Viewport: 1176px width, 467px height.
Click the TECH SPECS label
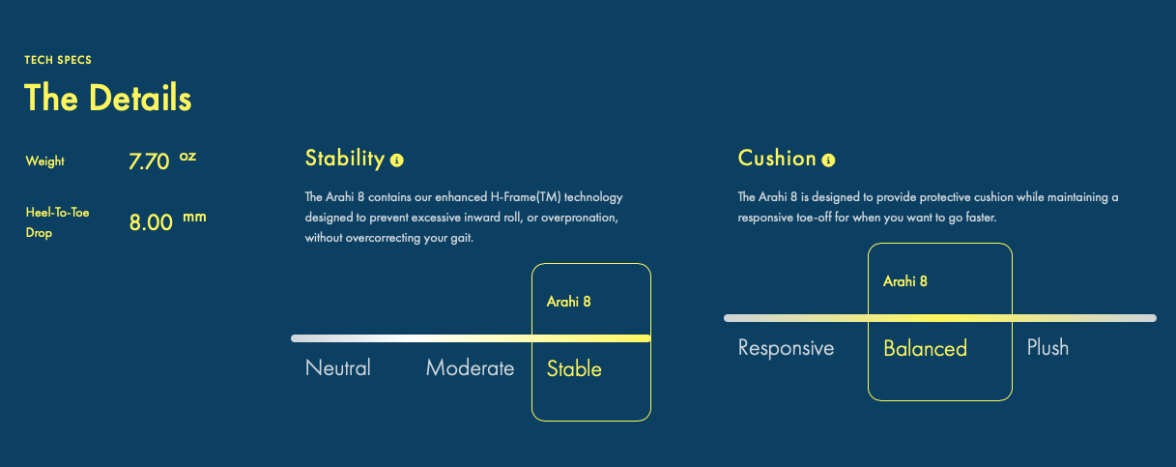[x=58, y=60]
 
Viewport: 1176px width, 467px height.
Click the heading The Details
[x=108, y=98]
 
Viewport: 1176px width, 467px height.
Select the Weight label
[x=45, y=161]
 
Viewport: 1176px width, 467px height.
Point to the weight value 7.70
[x=149, y=161]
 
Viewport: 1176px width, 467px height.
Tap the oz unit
[x=187, y=156]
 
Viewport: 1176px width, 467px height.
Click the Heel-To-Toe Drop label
[x=57, y=222]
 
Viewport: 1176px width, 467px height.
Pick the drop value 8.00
[x=151, y=222]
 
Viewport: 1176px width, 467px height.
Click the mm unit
[x=194, y=217]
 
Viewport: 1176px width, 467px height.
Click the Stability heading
[x=345, y=159]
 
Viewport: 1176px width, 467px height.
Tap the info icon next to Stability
[x=397, y=161]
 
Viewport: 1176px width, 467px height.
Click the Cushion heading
[x=777, y=159]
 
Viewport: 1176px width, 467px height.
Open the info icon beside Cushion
[x=828, y=161]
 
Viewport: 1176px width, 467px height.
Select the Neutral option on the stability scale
[x=338, y=367]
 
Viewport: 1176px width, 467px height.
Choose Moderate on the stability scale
[x=470, y=367]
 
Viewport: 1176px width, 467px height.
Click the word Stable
[x=574, y=368]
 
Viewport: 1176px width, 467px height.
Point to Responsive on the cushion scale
[x=786, y=348]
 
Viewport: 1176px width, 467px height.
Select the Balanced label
[x=925, y=348]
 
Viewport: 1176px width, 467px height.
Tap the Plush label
[x=1047, y=347]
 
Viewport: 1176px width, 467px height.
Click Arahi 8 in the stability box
[x=568, y=302]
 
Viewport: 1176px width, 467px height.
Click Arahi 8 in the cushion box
[x=905, y=281]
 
